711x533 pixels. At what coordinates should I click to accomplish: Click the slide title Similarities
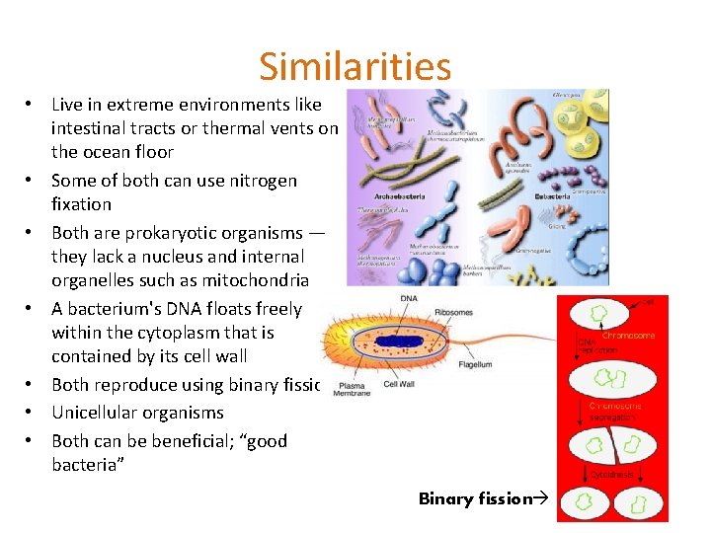pos(355,67)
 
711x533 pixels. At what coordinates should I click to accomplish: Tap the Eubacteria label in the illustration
pos(556,196)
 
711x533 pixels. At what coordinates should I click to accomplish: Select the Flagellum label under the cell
pos(475,365)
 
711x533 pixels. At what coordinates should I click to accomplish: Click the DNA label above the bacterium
pos(408,297)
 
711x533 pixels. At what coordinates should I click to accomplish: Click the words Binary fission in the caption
pos(475,498)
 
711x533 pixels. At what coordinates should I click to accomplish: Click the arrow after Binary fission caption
pos(540,498)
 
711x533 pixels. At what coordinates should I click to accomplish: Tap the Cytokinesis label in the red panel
pos(613,474)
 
